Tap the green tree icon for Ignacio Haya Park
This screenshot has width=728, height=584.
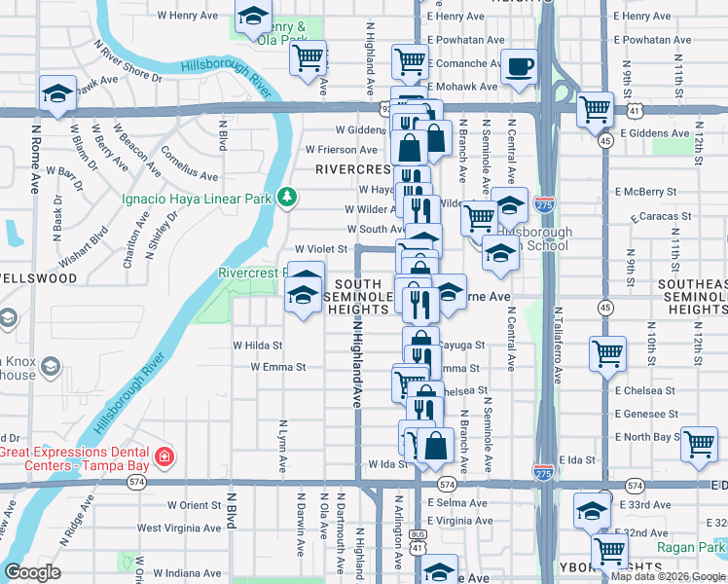[286, 198]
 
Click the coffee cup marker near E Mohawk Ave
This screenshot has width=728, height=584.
[518, 67]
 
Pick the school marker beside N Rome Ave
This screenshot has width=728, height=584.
[57, 94]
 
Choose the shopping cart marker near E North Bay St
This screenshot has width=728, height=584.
[700, 444]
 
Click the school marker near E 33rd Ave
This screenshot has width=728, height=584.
[592, 510]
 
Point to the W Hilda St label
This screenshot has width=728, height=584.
[257, 346]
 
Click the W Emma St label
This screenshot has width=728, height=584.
[278, 368]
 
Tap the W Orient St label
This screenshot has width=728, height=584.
[195, 505]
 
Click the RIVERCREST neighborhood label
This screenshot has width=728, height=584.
[352, 168]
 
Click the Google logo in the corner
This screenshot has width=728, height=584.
[31, 572]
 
